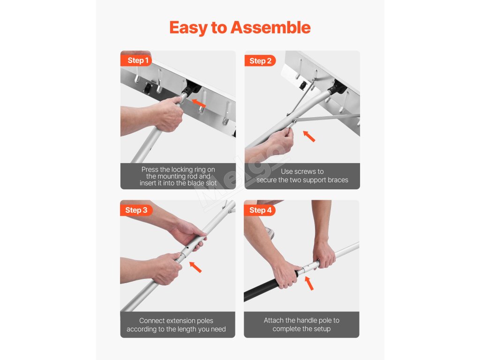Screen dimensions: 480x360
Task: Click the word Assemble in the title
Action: pos(270,28)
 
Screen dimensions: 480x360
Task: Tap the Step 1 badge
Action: pos(136,60)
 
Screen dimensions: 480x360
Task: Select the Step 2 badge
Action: pos(260,61)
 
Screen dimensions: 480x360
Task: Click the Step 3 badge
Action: pos(136,210)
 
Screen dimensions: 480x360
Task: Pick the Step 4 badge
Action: pos(260,210)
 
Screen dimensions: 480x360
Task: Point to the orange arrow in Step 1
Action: pos(199,103)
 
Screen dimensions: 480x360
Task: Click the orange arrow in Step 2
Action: pos(309,136)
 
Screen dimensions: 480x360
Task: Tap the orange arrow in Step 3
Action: pos(195,267)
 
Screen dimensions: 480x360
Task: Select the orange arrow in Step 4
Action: pos(309,283)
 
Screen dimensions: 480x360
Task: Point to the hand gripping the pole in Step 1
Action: pos(168,114)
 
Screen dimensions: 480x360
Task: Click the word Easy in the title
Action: pos(188,28)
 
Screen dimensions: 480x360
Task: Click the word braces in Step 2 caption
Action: pos(337,180)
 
